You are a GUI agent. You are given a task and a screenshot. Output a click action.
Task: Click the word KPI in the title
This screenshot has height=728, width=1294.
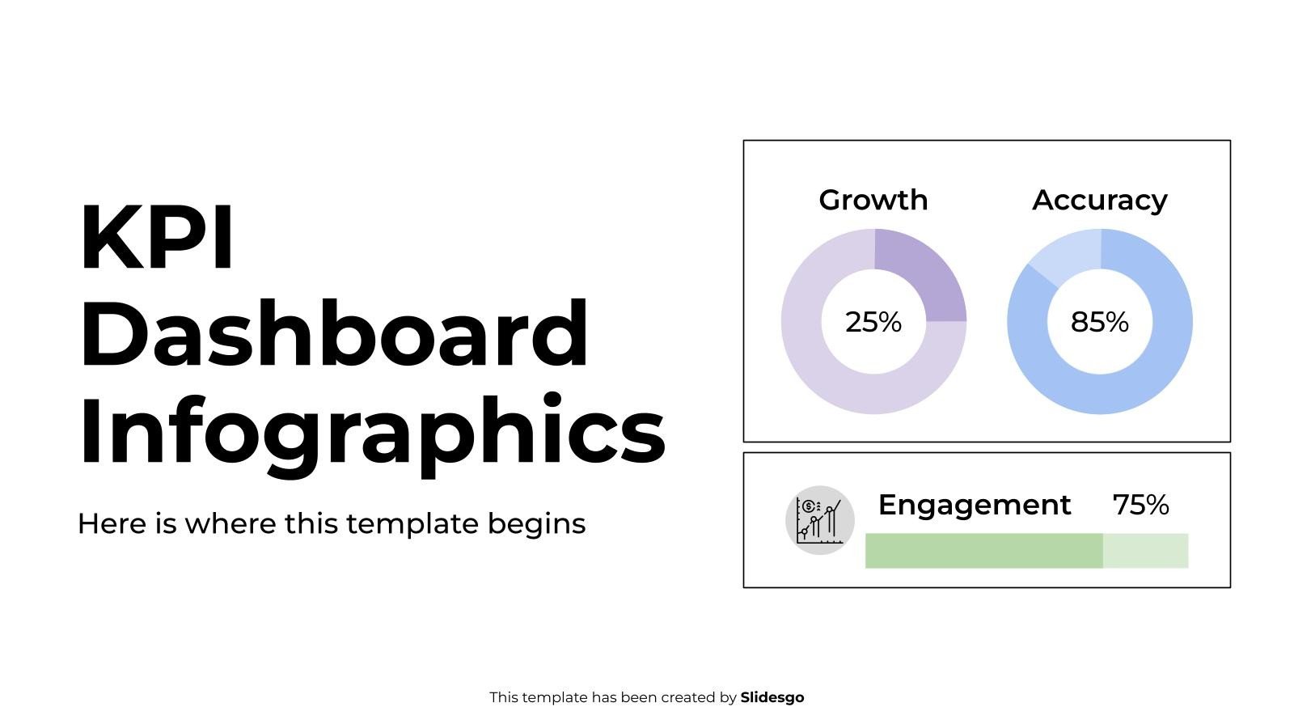158,238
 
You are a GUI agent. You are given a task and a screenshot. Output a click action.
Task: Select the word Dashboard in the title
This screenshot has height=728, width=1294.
334,334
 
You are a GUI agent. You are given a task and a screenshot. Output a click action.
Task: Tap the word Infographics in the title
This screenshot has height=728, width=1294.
372,430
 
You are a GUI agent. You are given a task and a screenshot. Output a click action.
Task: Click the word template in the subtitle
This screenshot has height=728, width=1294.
412,523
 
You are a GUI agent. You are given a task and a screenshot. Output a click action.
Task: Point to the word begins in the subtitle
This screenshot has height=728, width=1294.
536,524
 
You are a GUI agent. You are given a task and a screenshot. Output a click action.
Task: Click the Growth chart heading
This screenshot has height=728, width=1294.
873,200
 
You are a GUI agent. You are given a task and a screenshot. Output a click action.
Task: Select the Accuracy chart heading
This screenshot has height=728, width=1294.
1099,200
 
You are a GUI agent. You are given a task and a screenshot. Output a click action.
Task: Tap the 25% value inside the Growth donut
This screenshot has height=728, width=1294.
873,322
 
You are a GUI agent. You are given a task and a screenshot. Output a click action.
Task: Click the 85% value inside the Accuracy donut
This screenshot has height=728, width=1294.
1099,322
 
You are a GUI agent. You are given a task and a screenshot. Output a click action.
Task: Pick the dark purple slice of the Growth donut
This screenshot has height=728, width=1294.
926,271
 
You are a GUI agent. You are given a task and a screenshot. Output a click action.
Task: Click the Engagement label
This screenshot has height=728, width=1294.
974,505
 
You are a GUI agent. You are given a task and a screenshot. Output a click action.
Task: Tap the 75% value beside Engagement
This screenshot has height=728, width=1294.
1140,505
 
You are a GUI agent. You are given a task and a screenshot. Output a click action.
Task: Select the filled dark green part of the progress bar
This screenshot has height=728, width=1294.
983,551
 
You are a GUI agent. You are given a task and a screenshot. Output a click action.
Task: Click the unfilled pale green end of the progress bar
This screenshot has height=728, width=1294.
1145,551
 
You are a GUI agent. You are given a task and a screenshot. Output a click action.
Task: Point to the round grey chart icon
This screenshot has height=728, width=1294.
819,520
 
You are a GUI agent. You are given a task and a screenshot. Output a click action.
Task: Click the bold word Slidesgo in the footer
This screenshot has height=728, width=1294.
772,697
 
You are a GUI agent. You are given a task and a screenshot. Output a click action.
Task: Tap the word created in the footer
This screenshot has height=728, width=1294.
687,697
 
